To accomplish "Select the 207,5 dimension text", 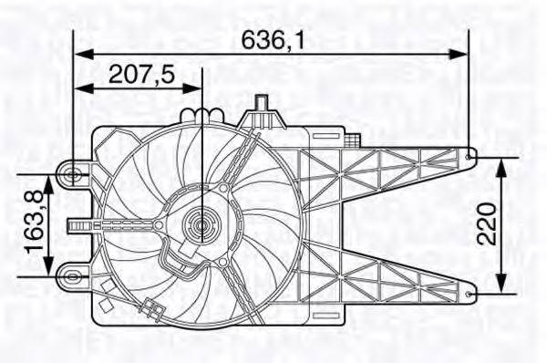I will point(141,75).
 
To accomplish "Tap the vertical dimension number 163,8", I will point(34,222).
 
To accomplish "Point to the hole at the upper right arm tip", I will point(470,157).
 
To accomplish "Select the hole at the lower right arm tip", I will point(470,294).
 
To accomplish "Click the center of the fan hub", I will point(201,223).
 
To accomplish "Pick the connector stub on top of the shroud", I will point(262,109).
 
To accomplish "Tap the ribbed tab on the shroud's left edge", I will point(81,223).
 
